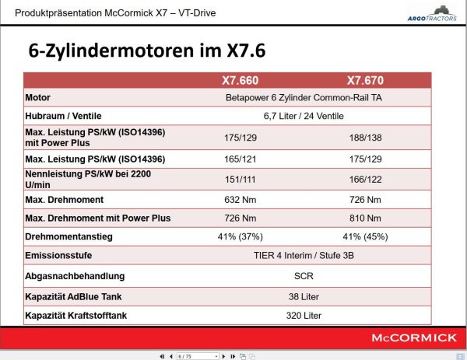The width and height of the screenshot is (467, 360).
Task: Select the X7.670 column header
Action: (x=364, y=80)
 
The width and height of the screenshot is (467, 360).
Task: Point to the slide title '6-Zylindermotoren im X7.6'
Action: (x=147, y=51)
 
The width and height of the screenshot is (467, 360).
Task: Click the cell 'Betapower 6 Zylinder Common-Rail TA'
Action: (x=304, y=98)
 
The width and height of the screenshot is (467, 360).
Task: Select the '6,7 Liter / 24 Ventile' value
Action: (x=304, y=116)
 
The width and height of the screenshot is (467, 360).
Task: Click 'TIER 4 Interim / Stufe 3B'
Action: (x=304, y=254)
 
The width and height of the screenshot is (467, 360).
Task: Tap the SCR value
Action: (x=304, y=275)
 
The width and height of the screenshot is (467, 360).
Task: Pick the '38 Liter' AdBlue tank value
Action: (x=304, y=295)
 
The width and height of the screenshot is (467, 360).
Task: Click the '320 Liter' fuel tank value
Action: (x=304, y=315)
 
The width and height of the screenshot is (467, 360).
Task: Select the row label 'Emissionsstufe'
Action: (x=60, y=254)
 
